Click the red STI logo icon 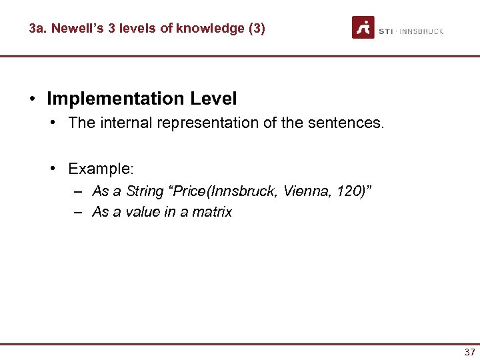tap(363, 27)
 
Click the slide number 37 tap(469, 352)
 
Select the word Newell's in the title tap(74, 29)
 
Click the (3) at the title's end tap(256, 29)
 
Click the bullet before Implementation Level tap(32, 99)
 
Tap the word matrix tap(211, 213)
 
